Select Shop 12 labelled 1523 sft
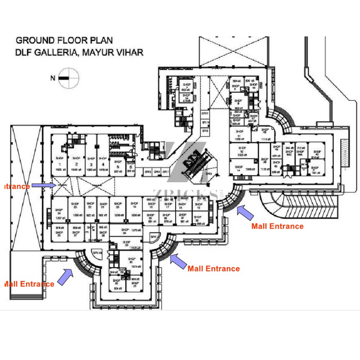[x=243, y=151]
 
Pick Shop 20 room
[x=117, y=208]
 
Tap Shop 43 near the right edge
[x=317, y=154]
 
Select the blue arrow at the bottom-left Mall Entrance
[x=67, y=276]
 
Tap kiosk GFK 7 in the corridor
[x=165, y=172]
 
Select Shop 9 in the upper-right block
[x=238, y=102]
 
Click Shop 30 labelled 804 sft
[x=118, y=285]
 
